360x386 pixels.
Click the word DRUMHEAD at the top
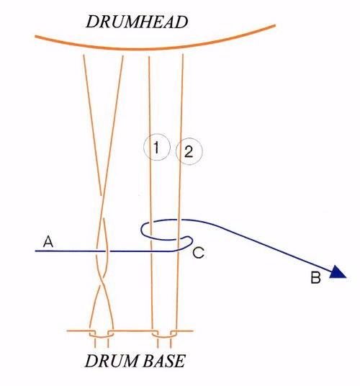tap(137, 22)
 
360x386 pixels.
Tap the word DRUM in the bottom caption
tap(112, 361)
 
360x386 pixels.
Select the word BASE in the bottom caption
tap(164, 361)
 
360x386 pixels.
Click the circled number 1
tap(157, 147)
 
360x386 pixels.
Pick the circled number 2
tap(189, 151)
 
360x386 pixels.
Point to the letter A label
tap(48, 241)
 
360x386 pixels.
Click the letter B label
tap(315, 277)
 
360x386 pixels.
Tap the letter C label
tap(198, 253)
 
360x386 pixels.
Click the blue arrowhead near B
tap(338, 272)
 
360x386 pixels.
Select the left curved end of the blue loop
tap(141, 230)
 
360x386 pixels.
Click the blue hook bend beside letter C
tap(191, 241)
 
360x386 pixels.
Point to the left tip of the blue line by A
tap(35, 251)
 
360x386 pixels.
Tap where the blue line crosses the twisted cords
tap(102, 251)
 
